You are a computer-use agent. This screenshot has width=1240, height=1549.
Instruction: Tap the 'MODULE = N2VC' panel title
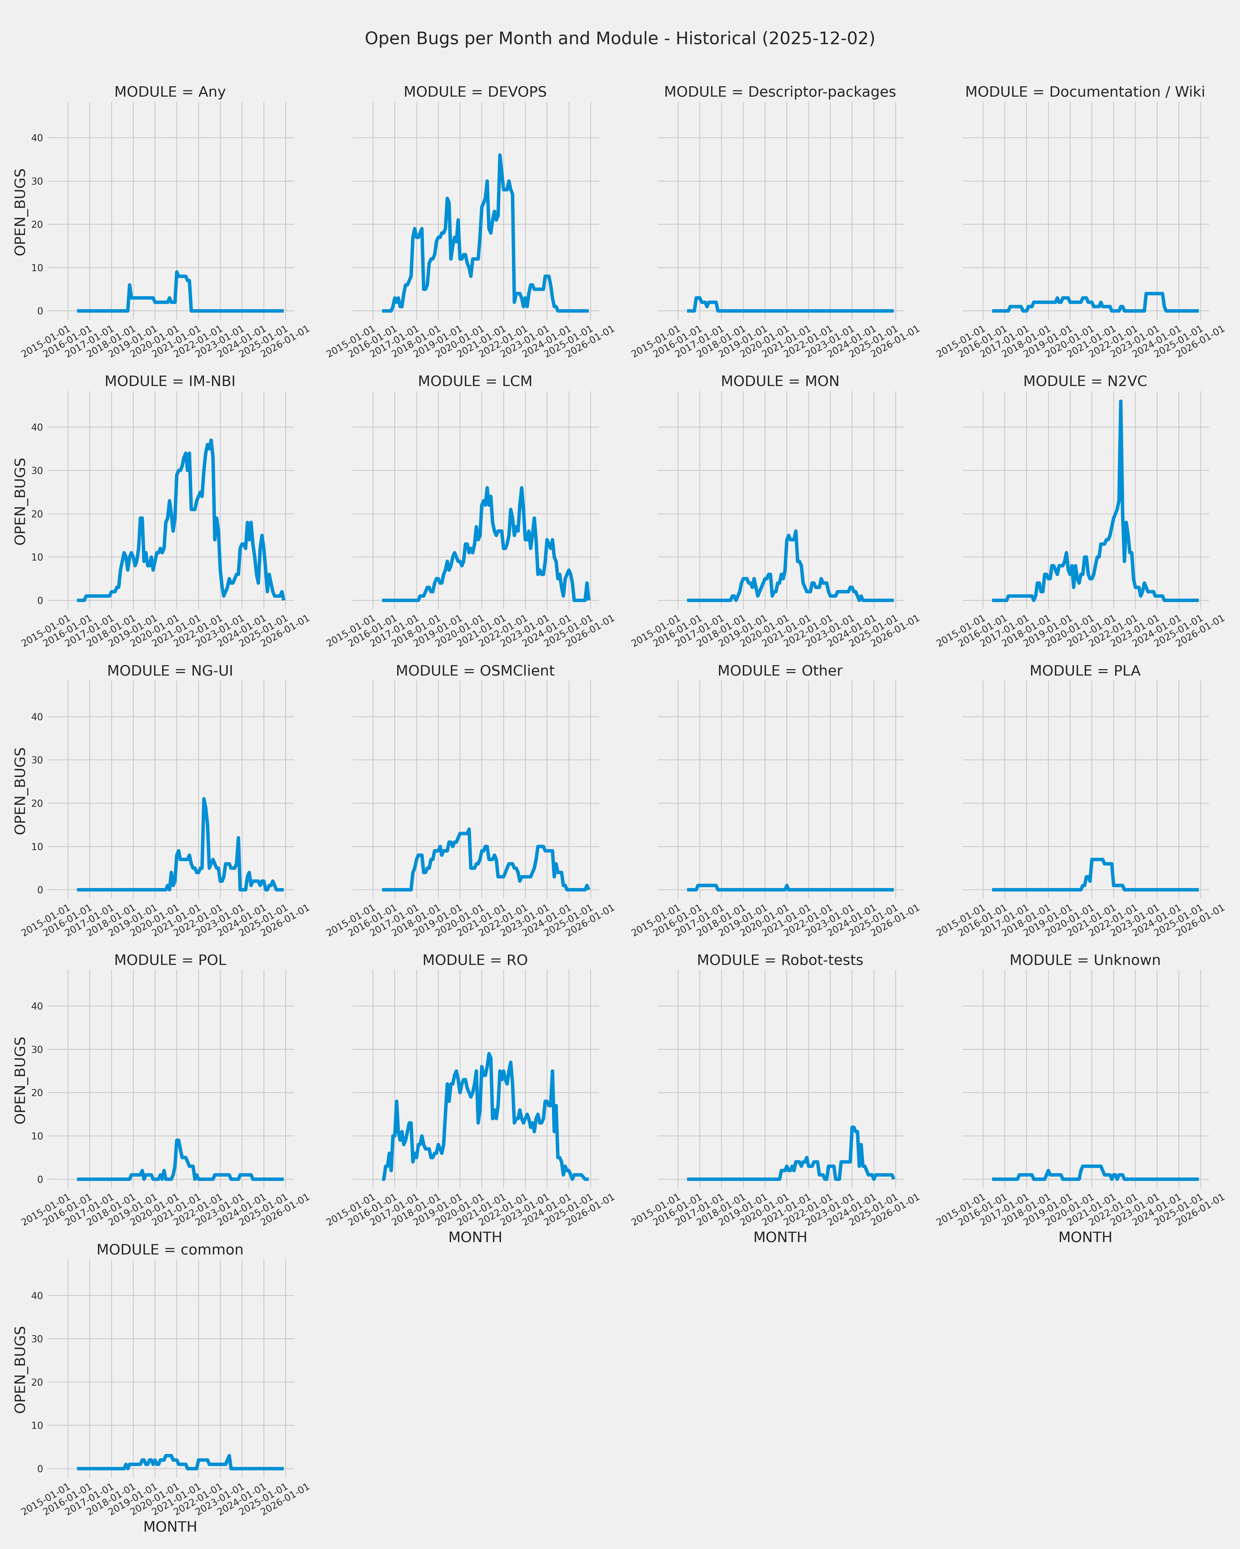pyautogui.click(x=1085, y=381)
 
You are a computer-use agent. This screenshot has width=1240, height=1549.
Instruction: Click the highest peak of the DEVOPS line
pyautogui.click(x=500, y=155)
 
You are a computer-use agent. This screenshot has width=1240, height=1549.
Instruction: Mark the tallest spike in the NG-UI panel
pyautogui.click(x=203, y=799)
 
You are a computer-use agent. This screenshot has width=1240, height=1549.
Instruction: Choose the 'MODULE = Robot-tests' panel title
pyautogui.click(x=780, y=961)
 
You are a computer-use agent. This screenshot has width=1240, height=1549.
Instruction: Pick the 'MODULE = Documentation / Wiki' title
pyautogui.click(x=1085, y=92)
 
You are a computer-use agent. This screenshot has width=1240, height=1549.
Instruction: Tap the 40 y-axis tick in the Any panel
pyautogui.click(x=37, y=138)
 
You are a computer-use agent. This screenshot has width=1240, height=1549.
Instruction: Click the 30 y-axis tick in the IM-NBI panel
pyautogui.click(x=37, y=471)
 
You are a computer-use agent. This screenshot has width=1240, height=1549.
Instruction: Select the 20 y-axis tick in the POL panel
pyautogui.click(x=37, y=1093)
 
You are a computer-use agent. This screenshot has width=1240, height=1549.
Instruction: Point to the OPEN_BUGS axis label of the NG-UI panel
pyautogui.click(x=20, y=791)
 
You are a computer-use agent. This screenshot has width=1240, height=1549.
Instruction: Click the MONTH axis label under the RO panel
pyautogui.click(x=475, y=1237)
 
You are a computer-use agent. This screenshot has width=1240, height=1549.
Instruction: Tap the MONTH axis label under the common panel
pyautogui.click(x=170, y=1527)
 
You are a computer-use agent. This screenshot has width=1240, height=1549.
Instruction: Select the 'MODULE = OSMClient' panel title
pyautogui.click(x=475, y=671)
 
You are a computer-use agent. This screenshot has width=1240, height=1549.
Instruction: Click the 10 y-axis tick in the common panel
pyautogui.click(x=37, y=1425)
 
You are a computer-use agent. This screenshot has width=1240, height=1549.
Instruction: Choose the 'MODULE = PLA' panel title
pyautogui.click(x=1085, y=671)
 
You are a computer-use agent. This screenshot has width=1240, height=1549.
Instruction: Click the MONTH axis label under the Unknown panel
pyautogui.click(x=1085, y=1237)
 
